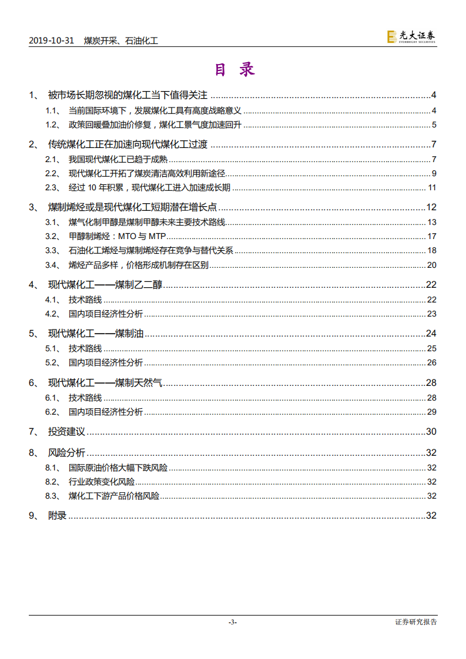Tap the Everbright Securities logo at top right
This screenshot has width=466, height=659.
[x=411, y=37]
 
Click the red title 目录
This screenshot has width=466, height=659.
[x=233, y=70]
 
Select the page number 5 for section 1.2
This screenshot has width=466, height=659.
[x=434, y=125]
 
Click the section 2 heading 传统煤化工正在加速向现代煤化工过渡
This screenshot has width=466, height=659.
[x=128, y=145]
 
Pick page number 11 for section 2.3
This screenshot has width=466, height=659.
[x=432, y=188]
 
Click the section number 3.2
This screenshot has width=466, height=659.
[x=52, y=237]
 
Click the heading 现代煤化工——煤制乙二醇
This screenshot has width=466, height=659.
[x=105, y=285]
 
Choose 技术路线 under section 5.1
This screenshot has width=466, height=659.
[x=85, y=349]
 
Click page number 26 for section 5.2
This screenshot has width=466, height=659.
[x=432, y=362]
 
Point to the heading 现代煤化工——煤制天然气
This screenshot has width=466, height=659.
[x=105, y=384]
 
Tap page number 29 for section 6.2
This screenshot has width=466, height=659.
[x=432, y=412]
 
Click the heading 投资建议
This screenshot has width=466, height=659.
[x=66, y=432]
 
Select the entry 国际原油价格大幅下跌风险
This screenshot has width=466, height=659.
[x=118, y=468]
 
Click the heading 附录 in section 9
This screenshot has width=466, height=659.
[x=57, y=516]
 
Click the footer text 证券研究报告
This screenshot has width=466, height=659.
[x=416, y=622]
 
